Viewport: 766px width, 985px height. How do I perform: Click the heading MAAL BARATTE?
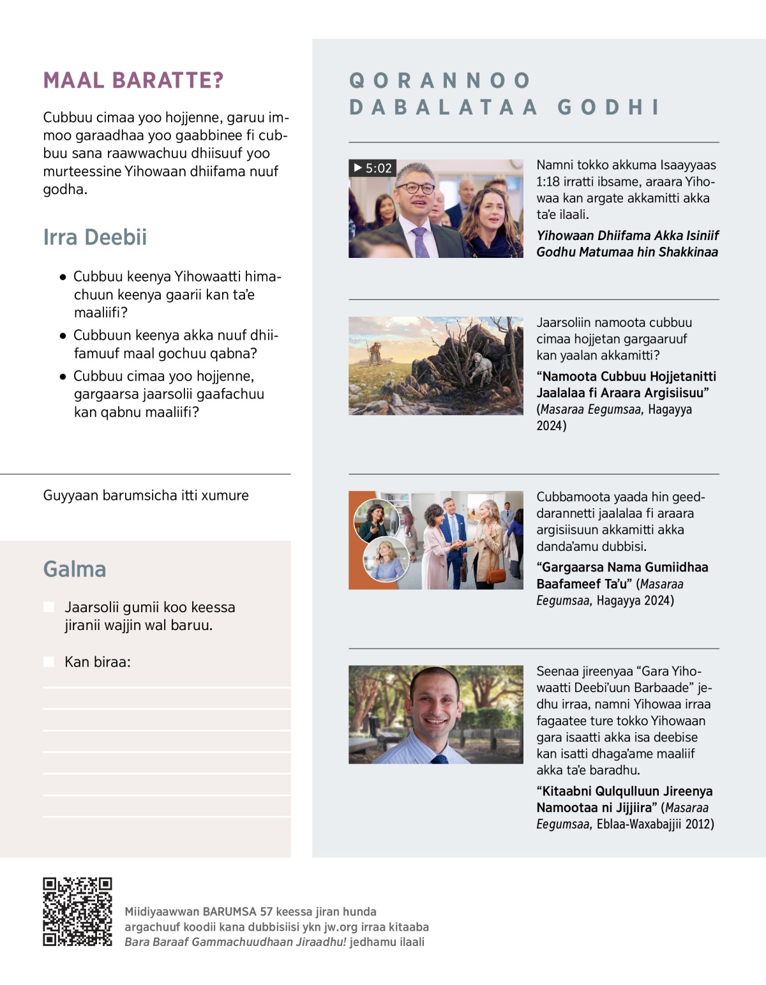pyautogui.click(x=133, y=80)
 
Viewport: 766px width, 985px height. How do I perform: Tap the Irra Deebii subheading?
pyautogui.click(x=94, y=237)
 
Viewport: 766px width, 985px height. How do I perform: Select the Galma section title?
pyautogui.click(x=75, y=569)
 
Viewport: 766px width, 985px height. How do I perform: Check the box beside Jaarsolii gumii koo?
pyautogui.click(x=49, y=607)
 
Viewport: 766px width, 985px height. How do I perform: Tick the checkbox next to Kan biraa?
pyautogui.click(x=49, y=662)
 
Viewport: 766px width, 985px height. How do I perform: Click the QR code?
pyautogui.click(x=77, y=911)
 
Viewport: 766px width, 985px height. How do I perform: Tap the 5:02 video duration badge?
pyautogui.click(x=373, y=168)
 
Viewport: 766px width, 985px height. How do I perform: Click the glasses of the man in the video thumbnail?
pyautogui.click(x=415, y=188)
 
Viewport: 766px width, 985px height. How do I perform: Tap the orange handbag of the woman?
pyautogui.click(x=495, y=574)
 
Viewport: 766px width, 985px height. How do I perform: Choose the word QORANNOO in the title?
pyautogui.click(x=440, y=80)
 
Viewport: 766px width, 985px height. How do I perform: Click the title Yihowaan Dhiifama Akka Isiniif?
pyautogui.click(x=627, y=236)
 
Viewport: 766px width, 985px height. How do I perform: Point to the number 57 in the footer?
pyautogui.click(x=266, y=912)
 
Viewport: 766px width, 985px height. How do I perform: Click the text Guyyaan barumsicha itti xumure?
pyautogui.click(x=146, y=495)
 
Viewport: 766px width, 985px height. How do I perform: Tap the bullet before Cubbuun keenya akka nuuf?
pyautogui.click(x=63, y=336)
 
